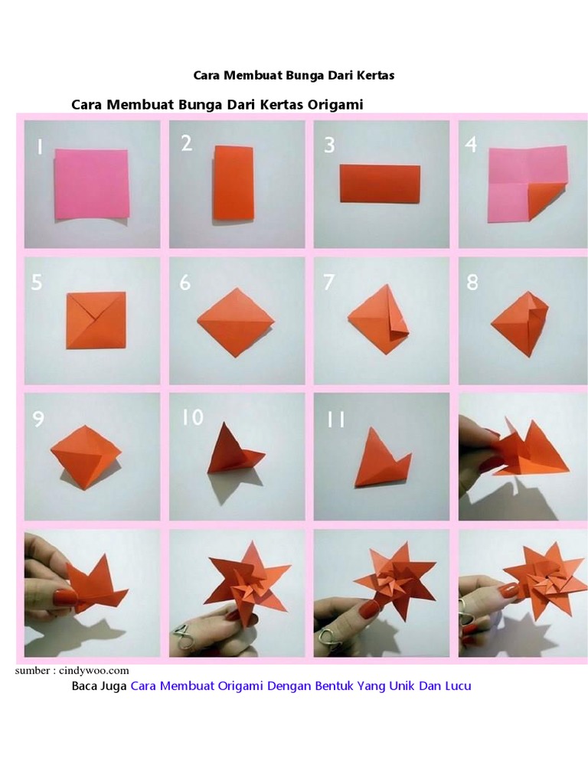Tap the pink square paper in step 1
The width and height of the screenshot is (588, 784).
coord(92,184)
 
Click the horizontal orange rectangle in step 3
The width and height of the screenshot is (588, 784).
coord(380,184)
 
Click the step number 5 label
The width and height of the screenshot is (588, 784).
coord(37,283)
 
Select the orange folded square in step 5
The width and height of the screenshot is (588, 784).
coord(96,320)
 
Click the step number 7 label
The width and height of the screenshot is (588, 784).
coord(328,283)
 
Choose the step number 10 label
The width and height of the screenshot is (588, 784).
coord(192,417)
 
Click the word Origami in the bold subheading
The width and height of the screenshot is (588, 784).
coord(335,104)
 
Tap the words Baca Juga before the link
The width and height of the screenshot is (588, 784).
coord(100,686)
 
